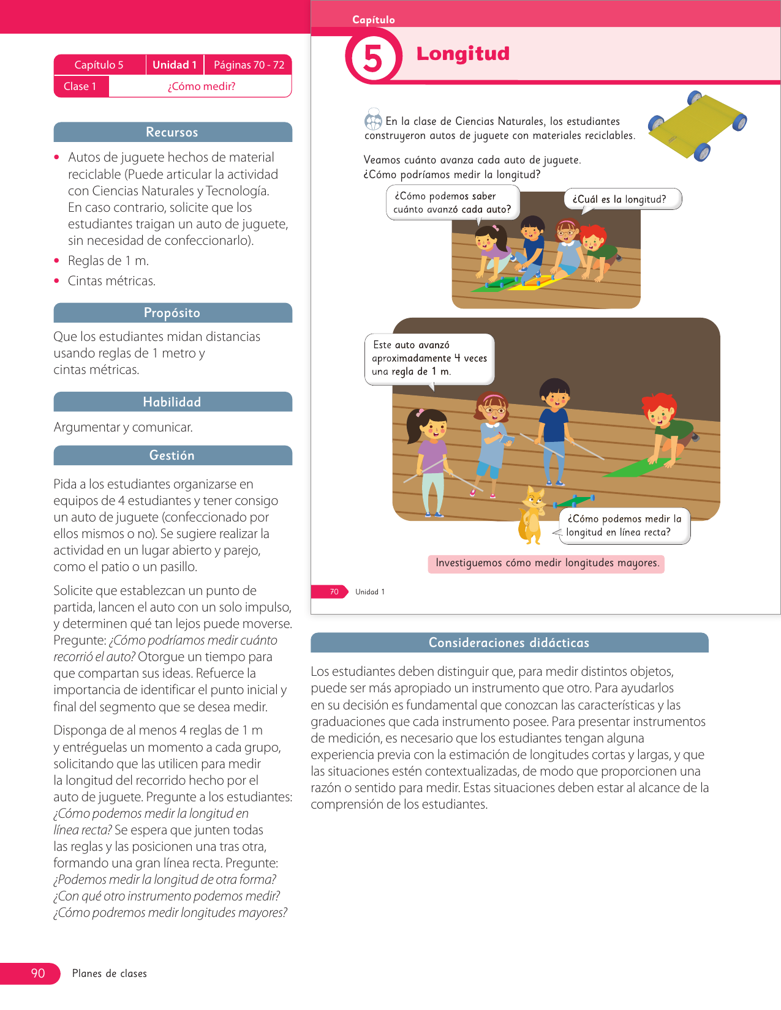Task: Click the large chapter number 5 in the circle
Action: (x=373, y=59)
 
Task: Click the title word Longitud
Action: (x=462, y=54)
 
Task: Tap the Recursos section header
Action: (x=172, y=132)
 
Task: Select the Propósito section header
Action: (x=172, y=313)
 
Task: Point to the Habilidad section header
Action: (x=172, y=402)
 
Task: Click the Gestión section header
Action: (x=172, y=455)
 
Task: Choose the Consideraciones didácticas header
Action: (x=508, y=643)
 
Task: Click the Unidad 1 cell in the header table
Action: (x=175, y=65)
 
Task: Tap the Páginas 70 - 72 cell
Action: (x=249, y=65)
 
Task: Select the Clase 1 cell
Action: (x=80, y=86)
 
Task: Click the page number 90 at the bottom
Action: (x=38, y=973)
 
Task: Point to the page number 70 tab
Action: (x=334, y=592)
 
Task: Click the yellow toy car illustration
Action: (x=697, y=125)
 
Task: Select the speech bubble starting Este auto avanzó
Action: (x=429, y=359)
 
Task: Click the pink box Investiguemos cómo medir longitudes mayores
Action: (x=546, y=563)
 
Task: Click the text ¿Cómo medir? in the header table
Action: (x=202, y=86)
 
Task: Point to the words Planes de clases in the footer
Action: (x=110, y=973)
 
